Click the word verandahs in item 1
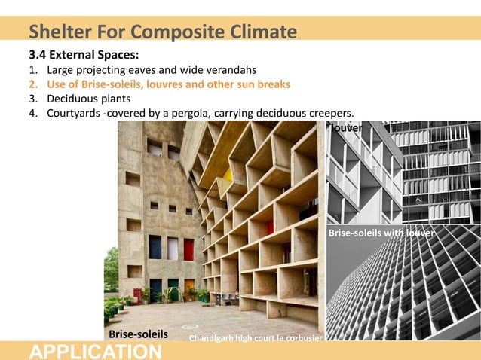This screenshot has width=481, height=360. point(231,70)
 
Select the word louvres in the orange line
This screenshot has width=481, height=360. point(152,84)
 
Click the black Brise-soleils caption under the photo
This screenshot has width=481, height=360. point(138,333)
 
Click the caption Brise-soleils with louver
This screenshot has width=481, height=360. point(381,233)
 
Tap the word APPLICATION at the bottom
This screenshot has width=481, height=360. point(95,351)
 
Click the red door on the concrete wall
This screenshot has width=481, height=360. point(188,249)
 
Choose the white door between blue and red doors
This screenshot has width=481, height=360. point(172,249)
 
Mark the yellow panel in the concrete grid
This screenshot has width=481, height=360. point(227,175)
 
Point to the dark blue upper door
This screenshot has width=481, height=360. point(155,247)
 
